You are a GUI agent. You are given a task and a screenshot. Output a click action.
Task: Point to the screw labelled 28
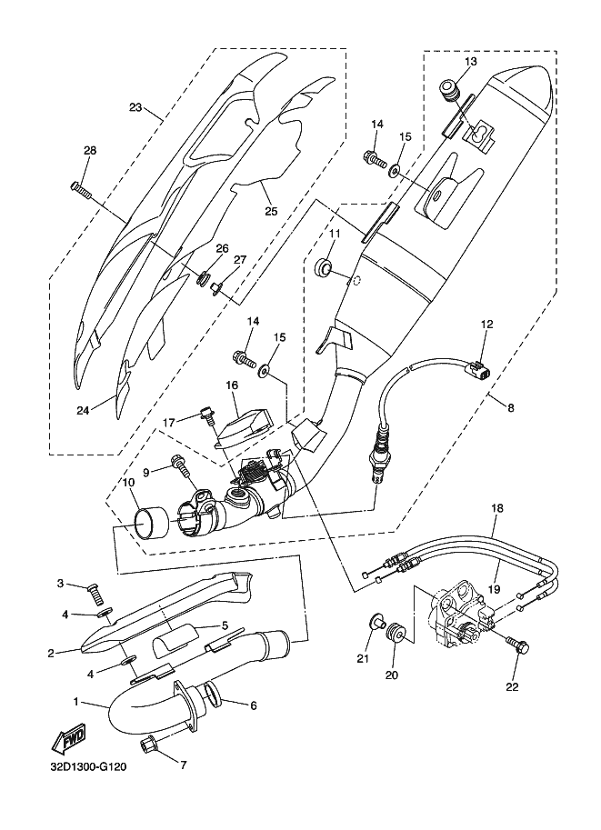tap(82, 188)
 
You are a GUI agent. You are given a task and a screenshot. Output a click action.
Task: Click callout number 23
tap(135, 108)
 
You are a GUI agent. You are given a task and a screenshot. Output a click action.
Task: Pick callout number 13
tap(470, 62)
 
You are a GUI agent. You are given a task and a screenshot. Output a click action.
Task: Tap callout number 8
tap(510, 408)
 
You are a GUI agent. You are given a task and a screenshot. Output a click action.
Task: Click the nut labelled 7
tap(146, 747)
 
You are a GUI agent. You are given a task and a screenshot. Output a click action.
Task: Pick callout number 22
tap(512, 687)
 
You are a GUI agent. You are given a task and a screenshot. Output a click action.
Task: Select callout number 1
tap(78, 703)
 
